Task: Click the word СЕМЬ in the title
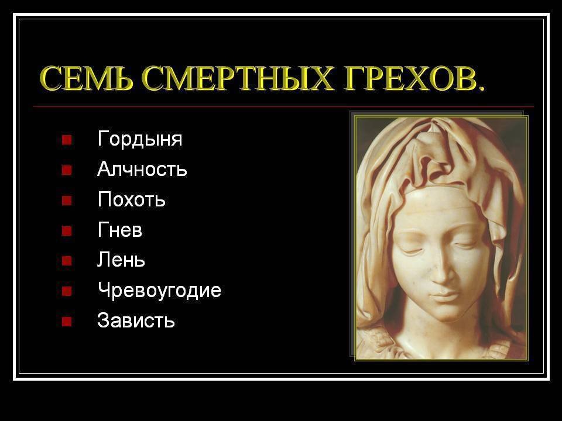86,78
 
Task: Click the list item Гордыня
140,139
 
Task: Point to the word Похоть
132,199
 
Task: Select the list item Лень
121,260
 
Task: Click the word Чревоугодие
159,291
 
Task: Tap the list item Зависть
136,320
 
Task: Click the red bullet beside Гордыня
67,139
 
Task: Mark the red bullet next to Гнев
67,230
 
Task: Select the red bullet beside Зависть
67,322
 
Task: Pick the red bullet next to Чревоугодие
67,291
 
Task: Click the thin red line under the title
283,106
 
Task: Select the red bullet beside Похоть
67,200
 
